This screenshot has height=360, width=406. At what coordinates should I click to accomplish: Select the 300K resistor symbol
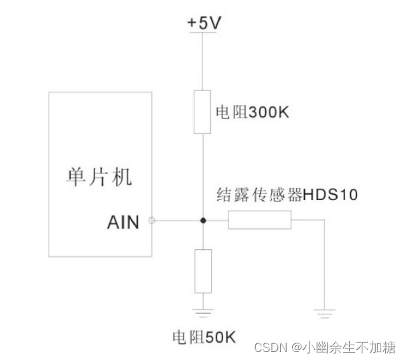(203, 112)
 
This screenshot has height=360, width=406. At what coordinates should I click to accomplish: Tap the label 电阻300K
(251, 113)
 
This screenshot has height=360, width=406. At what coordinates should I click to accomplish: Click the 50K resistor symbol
(203, 270)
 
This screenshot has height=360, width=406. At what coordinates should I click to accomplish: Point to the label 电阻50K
(204, 335)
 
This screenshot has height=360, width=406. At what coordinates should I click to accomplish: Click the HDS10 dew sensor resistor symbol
(260, 220)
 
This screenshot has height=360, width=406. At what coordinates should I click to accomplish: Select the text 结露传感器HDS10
(287, 195)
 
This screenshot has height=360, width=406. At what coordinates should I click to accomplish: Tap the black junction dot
(203, 220)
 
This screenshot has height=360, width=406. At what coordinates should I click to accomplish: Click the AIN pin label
(123, 222)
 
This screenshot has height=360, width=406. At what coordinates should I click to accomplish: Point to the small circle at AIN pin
(153, 220)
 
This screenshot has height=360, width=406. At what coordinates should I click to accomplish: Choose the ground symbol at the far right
(324, 310)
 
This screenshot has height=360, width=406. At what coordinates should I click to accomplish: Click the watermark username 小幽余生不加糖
(348, 347)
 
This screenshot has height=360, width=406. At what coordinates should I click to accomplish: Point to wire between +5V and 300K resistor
(203, 60)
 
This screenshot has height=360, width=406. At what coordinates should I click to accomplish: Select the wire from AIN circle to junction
(178, 220)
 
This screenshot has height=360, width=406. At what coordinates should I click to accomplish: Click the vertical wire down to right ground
(324, 264)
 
